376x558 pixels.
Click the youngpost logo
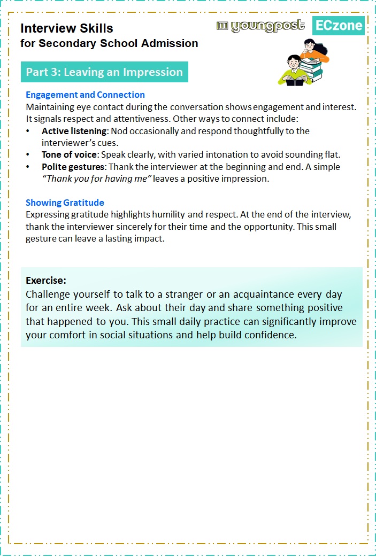(x=260, y=26)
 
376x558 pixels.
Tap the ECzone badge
(x=338, y=25)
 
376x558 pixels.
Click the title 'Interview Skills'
(x=67, y=28)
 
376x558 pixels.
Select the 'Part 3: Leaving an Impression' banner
(x=104, y=72)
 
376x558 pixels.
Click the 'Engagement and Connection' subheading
(x=85, y=95)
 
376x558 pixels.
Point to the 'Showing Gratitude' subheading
(x=65, y=203)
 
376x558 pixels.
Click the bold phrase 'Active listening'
(x=74, y=131)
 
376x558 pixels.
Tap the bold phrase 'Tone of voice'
(x=69, y=154)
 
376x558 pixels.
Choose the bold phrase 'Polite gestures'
(x=72, y=167)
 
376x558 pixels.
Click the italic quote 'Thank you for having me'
(x=97, y=179)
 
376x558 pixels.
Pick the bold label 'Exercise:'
(x=46, y=280)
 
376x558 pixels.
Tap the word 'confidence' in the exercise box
(x=270, y=335)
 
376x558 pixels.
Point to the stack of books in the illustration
(x=311, y=69)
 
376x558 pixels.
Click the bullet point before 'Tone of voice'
(x=28, y=154)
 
